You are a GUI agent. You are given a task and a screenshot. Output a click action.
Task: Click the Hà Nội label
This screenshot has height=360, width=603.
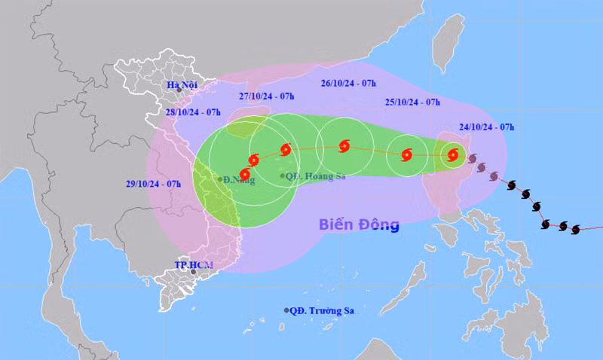(183, 84)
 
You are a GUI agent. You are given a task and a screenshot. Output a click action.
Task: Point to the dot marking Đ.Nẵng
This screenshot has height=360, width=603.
(221, 179)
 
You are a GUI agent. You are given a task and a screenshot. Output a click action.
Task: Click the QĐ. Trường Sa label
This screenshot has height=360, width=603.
(326, 310)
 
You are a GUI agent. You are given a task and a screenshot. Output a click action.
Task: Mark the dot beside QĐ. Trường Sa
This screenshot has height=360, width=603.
(286, 310)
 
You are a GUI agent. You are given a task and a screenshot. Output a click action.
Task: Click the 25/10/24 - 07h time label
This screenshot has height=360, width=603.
(412, 102)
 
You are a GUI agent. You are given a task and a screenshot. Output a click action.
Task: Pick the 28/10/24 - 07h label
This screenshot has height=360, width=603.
(194, 112)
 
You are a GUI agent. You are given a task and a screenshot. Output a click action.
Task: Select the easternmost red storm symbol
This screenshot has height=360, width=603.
(453, 155)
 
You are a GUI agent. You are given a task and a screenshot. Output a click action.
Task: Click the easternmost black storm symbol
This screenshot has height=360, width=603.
(576, 229)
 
